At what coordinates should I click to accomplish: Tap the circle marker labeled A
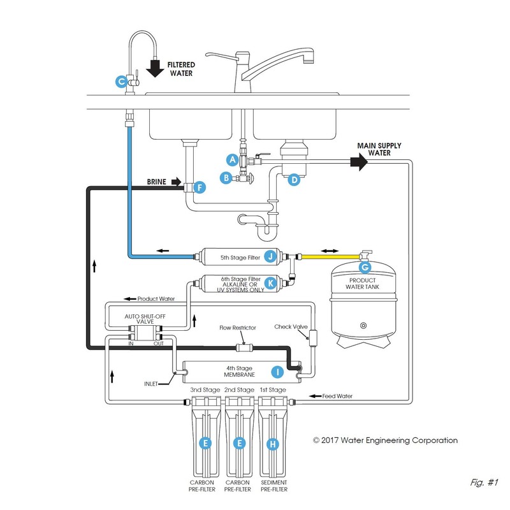[x=233, y=159]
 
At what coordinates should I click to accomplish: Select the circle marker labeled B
[x=225, y=178]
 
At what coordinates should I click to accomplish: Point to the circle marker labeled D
[x=294, y=180]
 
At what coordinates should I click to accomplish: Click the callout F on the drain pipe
[x=200, y=187]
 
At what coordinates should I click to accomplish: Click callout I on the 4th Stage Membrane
[x=277, y=370]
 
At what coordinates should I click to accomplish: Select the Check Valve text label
[x=291, y=327]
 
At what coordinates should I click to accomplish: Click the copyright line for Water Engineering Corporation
[x=384, y=440]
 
